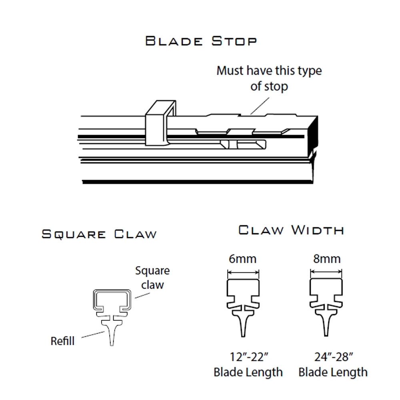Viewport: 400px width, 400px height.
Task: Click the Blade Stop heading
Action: tap(201, 41)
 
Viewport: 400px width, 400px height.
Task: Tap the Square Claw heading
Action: tap(99, 234)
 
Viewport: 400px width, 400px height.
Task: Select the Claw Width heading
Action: tap(291, 230)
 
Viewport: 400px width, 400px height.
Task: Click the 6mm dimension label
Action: tap(242, 259)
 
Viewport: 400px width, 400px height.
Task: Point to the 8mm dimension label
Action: tap(327, 259)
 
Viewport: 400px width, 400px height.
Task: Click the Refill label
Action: tap(62, 341)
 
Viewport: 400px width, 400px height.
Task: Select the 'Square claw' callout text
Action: tap(152, 278)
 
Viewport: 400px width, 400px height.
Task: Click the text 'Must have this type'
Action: tap(269, 71)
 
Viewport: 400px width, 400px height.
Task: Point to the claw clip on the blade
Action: tap(161, 123)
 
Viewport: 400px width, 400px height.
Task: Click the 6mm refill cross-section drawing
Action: tap(243, 308)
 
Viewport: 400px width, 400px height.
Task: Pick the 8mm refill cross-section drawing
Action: tap(326, 307)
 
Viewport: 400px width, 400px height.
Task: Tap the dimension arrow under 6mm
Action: tap(243, 273)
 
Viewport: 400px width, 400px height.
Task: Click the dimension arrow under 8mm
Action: tap(326, 272)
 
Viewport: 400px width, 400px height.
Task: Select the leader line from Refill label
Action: tap(93, 334)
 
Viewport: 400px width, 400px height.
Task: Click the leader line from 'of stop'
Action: tap(260, 106)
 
